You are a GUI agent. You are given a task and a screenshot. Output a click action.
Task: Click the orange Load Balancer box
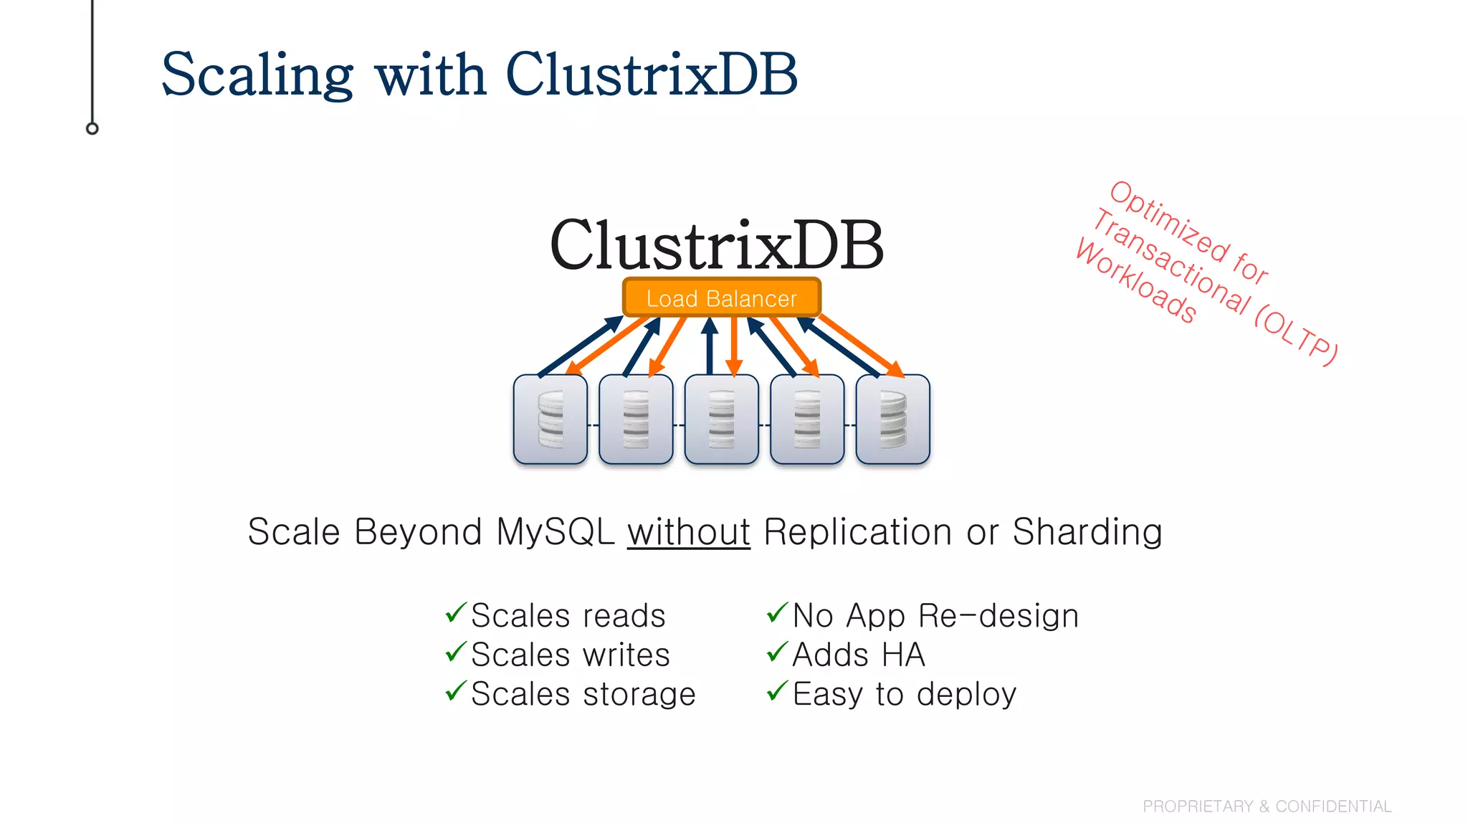point(721,298)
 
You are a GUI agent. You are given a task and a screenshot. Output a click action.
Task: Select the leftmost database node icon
point(550,419)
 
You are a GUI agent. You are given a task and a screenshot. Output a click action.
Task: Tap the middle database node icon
point(721,419)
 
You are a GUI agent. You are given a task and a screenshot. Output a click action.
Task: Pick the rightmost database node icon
point(892,419)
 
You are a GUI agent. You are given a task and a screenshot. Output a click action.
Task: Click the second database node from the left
point(636,419)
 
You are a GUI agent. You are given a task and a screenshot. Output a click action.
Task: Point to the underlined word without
point(688,532)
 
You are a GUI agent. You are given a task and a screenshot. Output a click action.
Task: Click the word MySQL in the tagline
point(555,532)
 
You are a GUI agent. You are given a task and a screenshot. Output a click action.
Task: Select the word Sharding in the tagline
point(1087,532)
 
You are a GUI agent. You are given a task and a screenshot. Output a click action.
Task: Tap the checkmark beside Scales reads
point(456,613)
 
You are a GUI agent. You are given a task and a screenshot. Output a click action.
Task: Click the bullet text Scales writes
point(570,655)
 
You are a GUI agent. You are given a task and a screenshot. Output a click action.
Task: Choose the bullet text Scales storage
point(583,694)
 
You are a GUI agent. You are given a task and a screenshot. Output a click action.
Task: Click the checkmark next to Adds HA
point(777,652)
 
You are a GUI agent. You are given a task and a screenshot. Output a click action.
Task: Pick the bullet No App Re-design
point(935,616)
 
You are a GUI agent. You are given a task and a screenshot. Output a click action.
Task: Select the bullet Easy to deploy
point(904,694)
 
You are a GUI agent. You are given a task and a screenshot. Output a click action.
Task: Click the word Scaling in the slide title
point(257,75)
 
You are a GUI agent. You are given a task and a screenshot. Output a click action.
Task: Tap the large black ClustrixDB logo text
point(716,245)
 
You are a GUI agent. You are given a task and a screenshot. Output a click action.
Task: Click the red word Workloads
point(1136,282)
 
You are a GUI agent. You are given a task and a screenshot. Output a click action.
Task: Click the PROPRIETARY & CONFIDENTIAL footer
point(1267,807)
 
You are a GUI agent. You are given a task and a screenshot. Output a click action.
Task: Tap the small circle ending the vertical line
point(92,128)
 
